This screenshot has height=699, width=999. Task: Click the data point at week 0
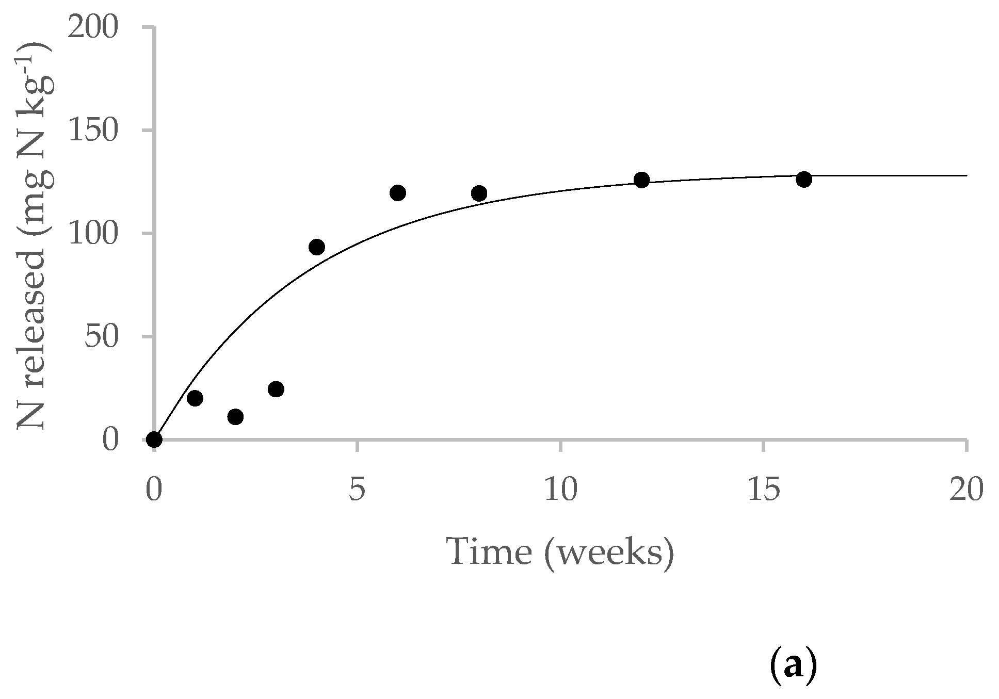(154, 440)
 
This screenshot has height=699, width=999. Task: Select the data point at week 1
(195, 398)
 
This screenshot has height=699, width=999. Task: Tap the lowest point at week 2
(235, 417)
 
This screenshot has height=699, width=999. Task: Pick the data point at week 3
(276, 389)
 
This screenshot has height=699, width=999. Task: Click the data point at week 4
(317, 247)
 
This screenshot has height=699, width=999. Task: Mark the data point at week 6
(398, 193)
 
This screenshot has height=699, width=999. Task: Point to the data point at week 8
(479, 193)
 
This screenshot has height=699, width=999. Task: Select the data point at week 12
(641, 180)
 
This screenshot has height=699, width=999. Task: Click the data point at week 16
(804, 180)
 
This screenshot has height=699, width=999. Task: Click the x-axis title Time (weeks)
(561, 552)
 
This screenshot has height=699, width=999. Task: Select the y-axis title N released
(36, 235)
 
